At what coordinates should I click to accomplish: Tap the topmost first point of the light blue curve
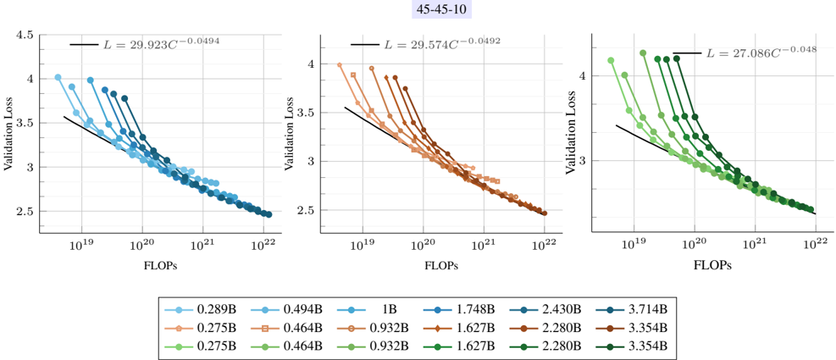pos(58,77)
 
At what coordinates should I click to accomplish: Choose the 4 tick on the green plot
pos(583,75)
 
